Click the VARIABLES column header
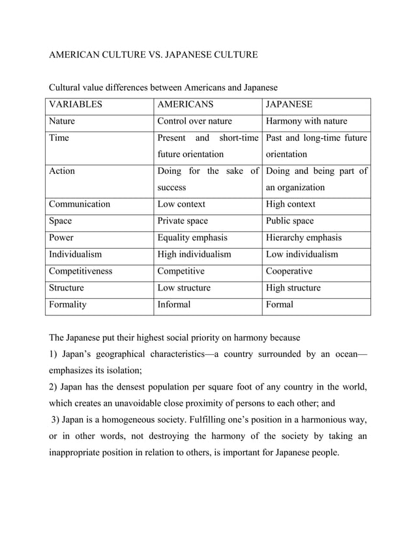(x=76, y=104)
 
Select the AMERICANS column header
(x=185, y=104)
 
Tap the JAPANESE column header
(x=290, y=104)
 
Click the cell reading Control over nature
(x=194, y=121)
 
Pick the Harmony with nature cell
(x=306, y=121)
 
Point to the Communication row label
(x=80, y=204)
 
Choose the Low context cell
(x=181, y=204)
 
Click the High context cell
(x=291, y=204)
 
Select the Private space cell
(x=183, y=221)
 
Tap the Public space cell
(x=290, y=221)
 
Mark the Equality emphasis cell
(x=192, y=238)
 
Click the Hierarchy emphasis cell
(x=304, y=238)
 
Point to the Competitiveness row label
(x=81, y=271)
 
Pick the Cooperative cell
(x=290, y=271)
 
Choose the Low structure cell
(x=184, y=287)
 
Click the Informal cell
(x=174, y=304)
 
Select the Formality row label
(x=68, y=304)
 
